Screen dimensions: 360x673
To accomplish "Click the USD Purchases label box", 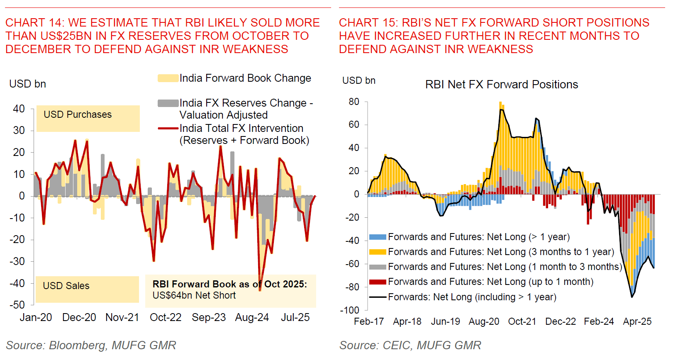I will [x=88, y=118].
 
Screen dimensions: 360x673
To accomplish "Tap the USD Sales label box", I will [x=87, y=289].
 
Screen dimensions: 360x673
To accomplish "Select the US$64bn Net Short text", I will [x=194, y=295].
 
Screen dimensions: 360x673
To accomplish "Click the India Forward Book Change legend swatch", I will [x=168, y=78].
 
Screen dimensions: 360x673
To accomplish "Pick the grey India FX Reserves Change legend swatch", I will [x=168, y=103].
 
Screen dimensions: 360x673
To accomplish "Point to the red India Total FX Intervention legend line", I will [x=168, y=129].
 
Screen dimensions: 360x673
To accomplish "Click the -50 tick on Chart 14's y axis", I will [x=17, y=305].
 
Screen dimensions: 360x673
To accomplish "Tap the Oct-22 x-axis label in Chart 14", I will [x=166, y=317].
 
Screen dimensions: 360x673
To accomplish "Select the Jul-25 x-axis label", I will [x=295, y=317].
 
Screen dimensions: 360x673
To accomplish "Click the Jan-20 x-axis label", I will [x=36, y=317].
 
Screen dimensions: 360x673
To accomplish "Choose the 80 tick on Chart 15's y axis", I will [x=354, y=102].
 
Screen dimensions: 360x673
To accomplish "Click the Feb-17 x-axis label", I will [x=369, y=321].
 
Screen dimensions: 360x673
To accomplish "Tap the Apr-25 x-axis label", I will [x=637, y=321].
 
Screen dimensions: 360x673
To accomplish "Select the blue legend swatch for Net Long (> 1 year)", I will [x=378, y=237].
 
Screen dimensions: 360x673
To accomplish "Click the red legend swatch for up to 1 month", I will [x=378, y=282].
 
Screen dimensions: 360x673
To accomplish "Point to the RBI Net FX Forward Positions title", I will [x=502, y=85].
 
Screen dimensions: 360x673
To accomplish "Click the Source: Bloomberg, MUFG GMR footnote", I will [x=91, y=345].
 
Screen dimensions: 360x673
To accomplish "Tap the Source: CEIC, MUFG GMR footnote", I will [x=410, y=345].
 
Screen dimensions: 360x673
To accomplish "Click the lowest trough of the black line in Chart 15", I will [x=632, y=297].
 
